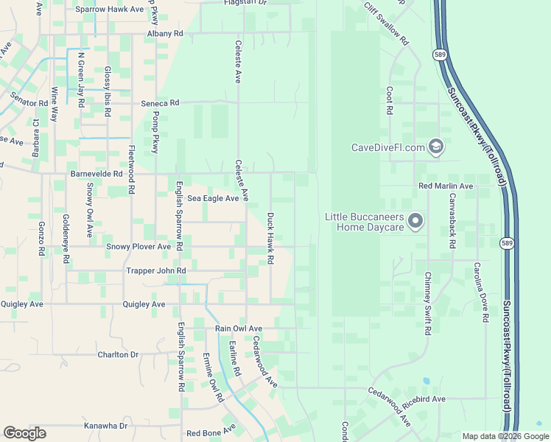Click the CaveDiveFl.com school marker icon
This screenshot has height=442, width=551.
point(435,147)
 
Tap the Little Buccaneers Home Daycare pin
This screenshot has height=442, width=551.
point(416,220)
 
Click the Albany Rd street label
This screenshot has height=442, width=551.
point(164,34)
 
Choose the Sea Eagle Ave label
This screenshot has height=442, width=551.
point(213,198)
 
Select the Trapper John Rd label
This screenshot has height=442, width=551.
point(155,271)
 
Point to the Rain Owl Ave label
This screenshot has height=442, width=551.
point(239,329)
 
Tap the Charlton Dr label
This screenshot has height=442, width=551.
point(118,354)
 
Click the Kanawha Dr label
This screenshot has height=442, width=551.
point(105,426)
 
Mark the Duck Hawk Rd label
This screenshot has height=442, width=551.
point(270,239)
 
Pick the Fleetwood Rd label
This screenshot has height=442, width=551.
point(131,169)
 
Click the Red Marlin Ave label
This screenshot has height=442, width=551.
point(446,187)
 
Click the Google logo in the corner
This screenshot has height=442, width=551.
point(24,433)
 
